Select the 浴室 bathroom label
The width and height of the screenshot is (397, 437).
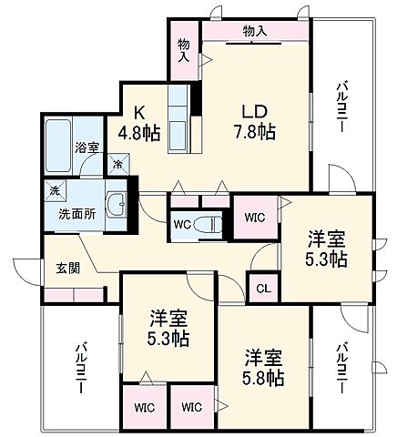(87, 147)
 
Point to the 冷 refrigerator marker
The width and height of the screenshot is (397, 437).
(118, 165)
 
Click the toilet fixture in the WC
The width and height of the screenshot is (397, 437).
(209, 223)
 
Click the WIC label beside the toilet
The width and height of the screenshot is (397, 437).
(254, 217)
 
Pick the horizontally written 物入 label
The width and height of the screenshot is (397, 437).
(256, 31)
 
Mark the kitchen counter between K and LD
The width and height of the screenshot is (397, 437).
(178, 124)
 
